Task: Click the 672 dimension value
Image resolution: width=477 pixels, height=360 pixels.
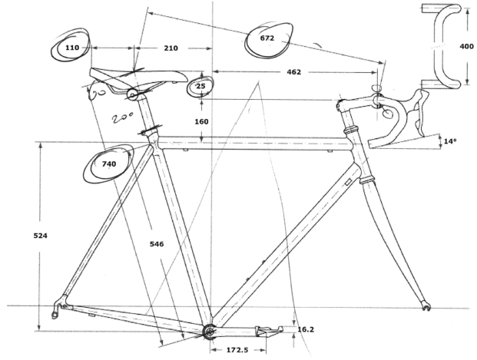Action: [x=267, y=38]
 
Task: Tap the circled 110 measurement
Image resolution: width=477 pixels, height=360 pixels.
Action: [x=72, y=48]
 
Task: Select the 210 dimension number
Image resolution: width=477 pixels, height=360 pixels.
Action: [x=171, y=48]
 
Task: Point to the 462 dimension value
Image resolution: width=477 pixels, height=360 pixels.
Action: [x=293, y=72]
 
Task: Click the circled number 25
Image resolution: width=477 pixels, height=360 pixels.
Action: [x=200, y=87]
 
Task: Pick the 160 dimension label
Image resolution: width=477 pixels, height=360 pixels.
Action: [x=201, y=121]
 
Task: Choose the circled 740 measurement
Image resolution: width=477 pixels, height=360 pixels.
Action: [x=108, y=163]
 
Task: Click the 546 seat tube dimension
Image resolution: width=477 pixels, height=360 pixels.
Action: [x=156, y=244]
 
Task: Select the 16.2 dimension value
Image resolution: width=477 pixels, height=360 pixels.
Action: [x=305, y=329]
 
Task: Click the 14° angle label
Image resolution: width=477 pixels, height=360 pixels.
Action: [x=450, y=141]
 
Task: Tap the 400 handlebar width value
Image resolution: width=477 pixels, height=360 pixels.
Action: [x=466, y=47]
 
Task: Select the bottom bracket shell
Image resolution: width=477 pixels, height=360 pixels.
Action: [x=207, y=331]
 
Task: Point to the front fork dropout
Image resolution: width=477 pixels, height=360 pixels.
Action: [x=427, y=308]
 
